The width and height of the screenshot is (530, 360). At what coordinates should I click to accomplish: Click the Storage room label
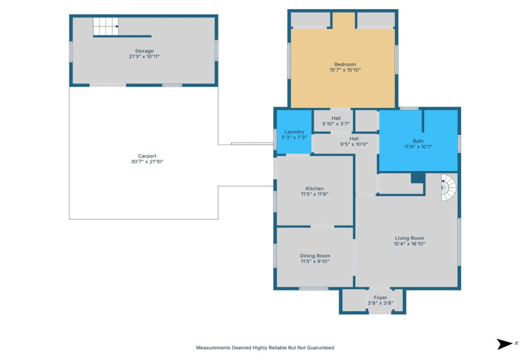tap(144, 51)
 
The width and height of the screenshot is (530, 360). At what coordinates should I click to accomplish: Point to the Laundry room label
tap(294, 132)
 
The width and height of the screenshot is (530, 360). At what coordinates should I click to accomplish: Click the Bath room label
tap(418, 141)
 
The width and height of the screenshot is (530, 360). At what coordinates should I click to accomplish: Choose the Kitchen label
tap(315, 188)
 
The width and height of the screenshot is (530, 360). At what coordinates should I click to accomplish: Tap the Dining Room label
tap(315, 256)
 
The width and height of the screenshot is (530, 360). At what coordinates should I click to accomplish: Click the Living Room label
tap(409, 239)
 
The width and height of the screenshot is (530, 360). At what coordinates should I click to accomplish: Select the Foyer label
tap(380, 298)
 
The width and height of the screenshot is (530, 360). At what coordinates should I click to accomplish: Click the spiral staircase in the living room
tap(448, 188)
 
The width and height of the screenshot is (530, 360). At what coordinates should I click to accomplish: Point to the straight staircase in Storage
tap(105, 27)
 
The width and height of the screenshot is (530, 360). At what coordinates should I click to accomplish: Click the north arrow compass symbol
tap(504, 344)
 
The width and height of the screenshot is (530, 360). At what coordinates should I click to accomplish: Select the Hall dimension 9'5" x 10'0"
tap(354, 144)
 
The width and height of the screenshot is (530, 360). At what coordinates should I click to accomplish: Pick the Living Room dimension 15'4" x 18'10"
tap(409, 244)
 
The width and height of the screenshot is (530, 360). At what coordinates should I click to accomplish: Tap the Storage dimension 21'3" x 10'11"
tap(144, 57)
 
